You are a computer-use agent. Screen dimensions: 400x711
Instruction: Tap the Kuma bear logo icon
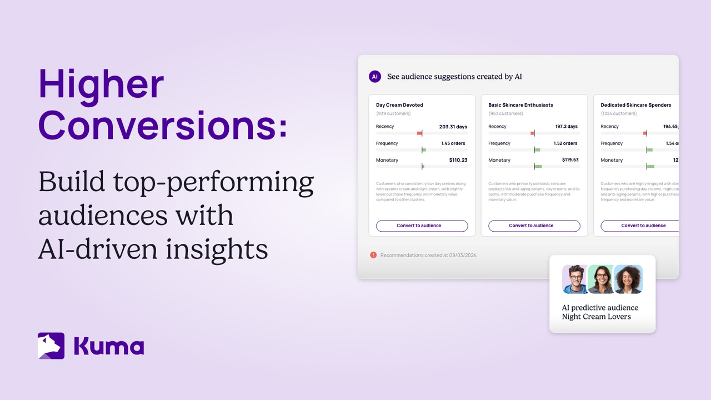coord(51,346)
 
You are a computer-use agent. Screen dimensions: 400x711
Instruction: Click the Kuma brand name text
coord(109,346)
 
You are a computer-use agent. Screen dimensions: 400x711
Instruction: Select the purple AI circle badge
coord(375,77)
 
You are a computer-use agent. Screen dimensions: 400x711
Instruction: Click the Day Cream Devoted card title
coord(399,105)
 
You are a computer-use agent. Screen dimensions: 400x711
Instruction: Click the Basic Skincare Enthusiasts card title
coord(520,105)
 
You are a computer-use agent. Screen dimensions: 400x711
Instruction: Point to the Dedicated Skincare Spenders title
coord(635,105)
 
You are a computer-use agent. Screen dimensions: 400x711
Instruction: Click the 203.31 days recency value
coord(453,127)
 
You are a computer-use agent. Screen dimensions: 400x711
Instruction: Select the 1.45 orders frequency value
coord(453,143)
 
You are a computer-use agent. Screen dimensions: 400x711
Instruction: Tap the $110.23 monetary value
coord(458,160)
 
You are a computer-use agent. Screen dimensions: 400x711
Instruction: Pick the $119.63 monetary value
coord(570,160)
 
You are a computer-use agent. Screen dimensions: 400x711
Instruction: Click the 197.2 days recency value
coord(566,127)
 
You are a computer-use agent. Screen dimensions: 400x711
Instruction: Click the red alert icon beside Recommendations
coord(373,255)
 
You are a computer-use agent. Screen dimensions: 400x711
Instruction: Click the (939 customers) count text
coord(394,114)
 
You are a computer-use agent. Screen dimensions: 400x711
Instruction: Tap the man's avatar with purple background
coord(575,279)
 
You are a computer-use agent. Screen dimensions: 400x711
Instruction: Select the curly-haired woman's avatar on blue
coord(629,279)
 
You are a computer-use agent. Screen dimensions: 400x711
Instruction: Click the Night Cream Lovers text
coord(596,317)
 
